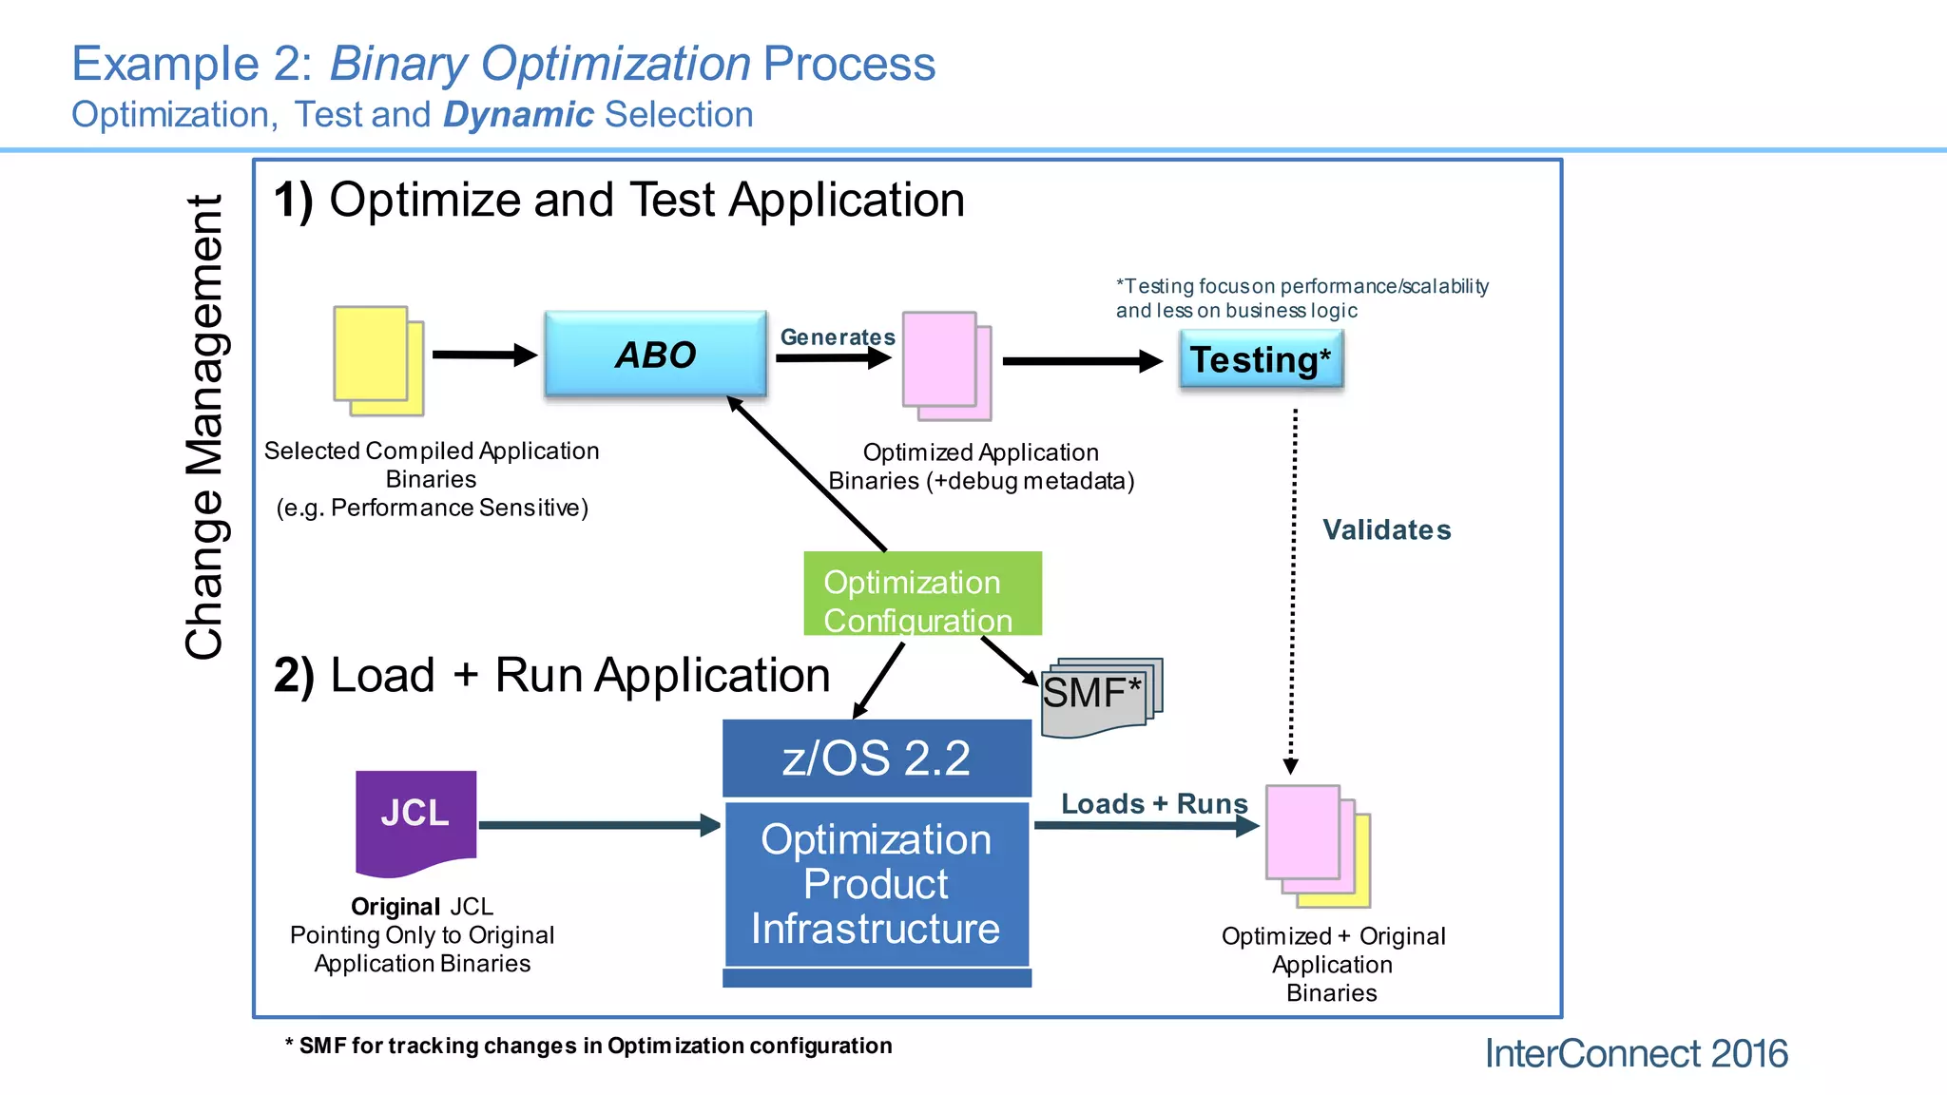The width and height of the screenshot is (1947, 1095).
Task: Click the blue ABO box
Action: (655, 354)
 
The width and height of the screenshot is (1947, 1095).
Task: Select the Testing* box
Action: (1261, 359)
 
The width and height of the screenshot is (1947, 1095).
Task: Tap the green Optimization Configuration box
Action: (922, 594)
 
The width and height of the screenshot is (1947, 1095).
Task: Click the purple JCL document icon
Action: (415, 819)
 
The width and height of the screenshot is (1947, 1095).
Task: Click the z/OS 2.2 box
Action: (877, 758)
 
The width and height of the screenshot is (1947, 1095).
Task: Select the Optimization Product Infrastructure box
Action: (877, 884)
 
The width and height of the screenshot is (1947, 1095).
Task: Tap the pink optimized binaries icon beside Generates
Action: (945, 365)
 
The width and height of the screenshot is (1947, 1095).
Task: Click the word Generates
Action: (837, 337)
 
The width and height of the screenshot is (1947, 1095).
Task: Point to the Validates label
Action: (1386, 529)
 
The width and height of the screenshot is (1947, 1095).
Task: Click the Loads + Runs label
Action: (1153, 803)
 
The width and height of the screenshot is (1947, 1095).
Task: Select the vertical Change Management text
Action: (204, 428)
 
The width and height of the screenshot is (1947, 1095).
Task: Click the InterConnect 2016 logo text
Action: (1635, 1053)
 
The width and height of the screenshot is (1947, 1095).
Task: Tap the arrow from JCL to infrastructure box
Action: (599, 825)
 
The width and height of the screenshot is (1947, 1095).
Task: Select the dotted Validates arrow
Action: (1293, 589)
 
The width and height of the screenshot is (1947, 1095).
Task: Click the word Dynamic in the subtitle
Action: (518, 114)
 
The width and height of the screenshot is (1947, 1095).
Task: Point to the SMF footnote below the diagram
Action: (588, 1046)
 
